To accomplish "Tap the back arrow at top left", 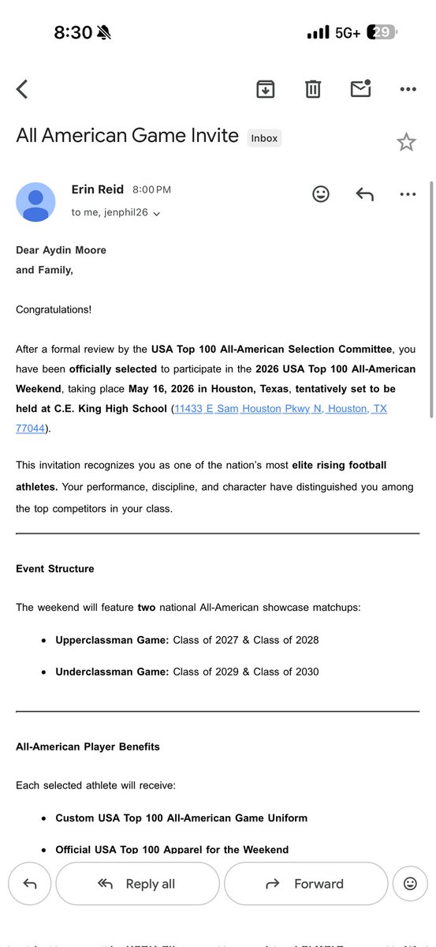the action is [22, 89].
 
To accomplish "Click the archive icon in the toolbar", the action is [266, 89].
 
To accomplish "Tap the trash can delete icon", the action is [313, 89].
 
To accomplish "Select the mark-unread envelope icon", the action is [360, 89].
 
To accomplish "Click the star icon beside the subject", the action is [406, 142].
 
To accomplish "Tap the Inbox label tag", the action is [264, 138].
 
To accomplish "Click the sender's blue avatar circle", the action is [35, 202].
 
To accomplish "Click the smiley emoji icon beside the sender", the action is [321, 194].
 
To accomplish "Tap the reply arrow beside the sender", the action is [364, 194].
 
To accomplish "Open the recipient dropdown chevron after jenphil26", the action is [157, 213].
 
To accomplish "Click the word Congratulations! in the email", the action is [54, 309].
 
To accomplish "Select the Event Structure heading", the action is [54, 569].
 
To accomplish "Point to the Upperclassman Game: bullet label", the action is [112, 640].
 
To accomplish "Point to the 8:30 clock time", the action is [73, 32].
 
